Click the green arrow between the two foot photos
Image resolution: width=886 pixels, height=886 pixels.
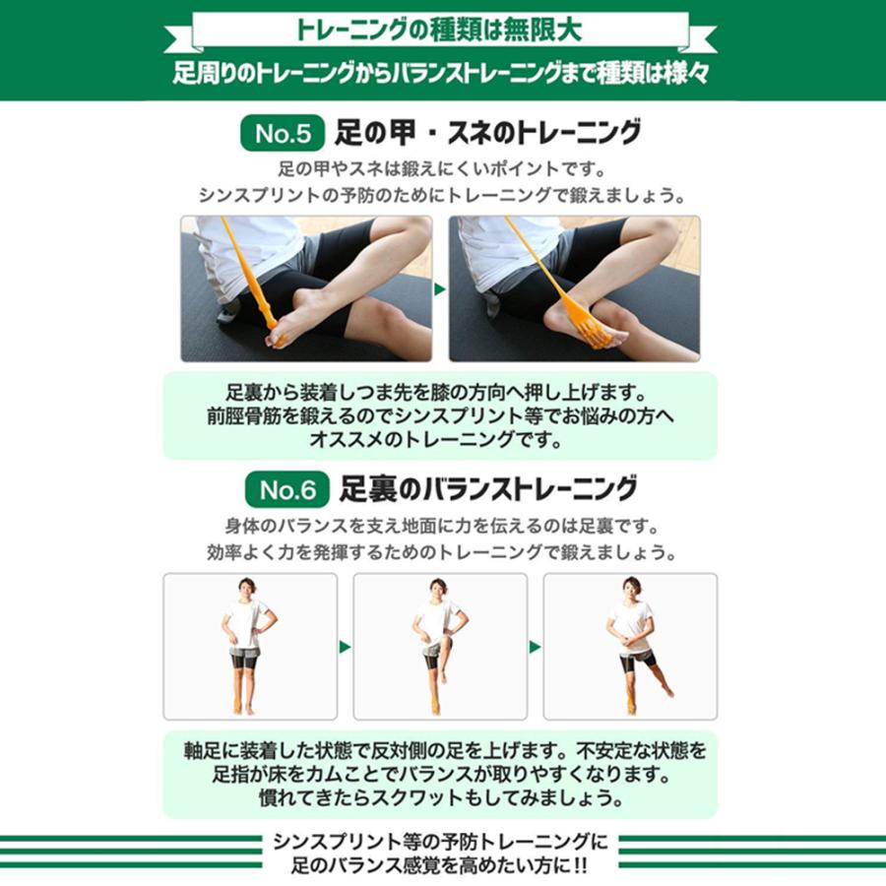(440, 289)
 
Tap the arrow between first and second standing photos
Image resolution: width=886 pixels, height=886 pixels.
(345, 647)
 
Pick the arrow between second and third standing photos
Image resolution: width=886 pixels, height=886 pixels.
(535, 647)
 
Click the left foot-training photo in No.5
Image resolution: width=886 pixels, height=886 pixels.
(306, 288)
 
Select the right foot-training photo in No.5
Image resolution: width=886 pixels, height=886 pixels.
(574, 288)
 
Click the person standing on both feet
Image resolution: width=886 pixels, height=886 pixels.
(245, 645)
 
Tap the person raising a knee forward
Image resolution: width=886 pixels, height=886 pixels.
(437, 645)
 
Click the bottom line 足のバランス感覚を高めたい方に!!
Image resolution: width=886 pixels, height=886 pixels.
(441, 867)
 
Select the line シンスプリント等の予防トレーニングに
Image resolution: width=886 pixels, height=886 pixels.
(441, 844)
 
